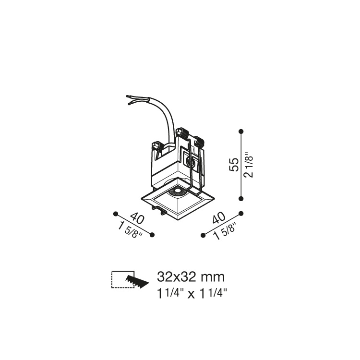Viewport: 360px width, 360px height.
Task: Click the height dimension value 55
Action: tap(234, 164)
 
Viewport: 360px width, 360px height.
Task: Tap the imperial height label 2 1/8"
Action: tap(249, 165)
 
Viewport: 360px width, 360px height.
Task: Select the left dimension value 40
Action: tap(137, 218)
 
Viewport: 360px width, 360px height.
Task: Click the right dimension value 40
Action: tap(219, 217)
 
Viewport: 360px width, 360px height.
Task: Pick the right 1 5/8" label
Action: tap(225, 232)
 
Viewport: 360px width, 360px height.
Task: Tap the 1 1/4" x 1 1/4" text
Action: tap(192, 293)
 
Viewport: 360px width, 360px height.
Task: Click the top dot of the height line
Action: tap(241, 132)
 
